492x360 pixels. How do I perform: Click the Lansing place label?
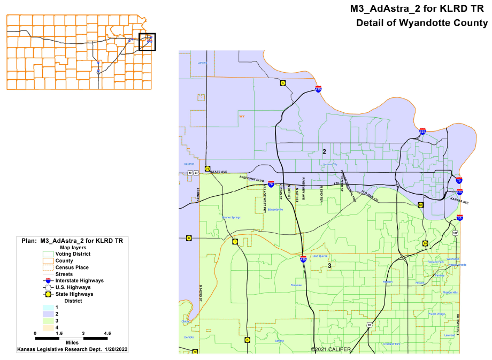[x=202, y=63]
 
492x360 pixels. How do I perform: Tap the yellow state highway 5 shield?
[x=282, y=83]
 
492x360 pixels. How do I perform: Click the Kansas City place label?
[x=330, y=164]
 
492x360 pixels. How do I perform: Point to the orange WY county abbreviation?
[x=242, y=116]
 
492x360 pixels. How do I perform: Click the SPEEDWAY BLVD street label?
[x=251, y=178]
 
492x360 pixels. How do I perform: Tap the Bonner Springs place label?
[x=231, y=218]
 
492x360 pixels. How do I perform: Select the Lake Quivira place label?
[x=320, y=256]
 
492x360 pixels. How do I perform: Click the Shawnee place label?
[x=296, y=285]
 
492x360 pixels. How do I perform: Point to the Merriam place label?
[x=387, y=281]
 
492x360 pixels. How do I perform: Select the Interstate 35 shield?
[x=460, y=218]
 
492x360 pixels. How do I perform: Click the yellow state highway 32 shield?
[x=189, y=238]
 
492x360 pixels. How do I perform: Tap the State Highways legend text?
[x=77, y=294]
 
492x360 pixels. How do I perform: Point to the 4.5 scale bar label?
[x=107, y=333]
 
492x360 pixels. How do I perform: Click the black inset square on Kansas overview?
[x=147, y=42]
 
